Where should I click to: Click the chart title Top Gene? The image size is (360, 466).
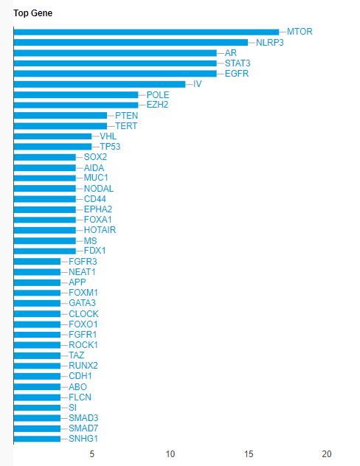tap(32, 13)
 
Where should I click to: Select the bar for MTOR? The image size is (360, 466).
tap(146, 32)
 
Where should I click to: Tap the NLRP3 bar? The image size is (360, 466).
tap(131, 43)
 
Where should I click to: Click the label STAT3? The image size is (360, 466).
tap(238, 63)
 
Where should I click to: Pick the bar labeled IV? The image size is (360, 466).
tap(100, 84)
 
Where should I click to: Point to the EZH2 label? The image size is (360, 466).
tap(158, 105)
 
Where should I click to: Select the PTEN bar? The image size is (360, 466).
tap(60, 115)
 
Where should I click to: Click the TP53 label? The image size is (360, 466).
tap(110, 147)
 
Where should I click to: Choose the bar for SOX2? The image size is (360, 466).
tap(45, 157)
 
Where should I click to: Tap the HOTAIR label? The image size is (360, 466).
tap(100, 230)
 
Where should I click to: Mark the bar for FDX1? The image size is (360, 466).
tap(45, 251)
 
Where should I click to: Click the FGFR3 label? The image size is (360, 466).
tap(83, 262)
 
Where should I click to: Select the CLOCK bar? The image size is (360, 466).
tap(37, 314)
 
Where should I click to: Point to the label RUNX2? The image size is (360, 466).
tap(83, 366)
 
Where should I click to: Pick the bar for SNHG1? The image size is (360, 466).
tap(37, 439)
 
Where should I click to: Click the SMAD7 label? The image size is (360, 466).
tap(83, 428)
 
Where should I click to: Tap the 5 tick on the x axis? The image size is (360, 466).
tap(92, 454)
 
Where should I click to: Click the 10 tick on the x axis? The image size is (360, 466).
tap(170, 454)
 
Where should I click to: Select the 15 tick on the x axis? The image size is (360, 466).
tap(249, 454)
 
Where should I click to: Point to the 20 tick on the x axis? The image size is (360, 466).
tap(327, 454)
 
